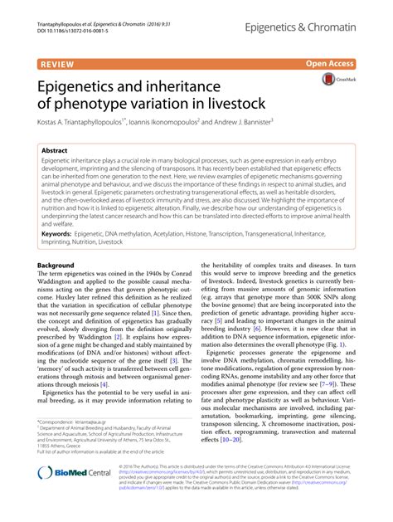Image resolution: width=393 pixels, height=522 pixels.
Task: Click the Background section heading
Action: pos(56,266)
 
